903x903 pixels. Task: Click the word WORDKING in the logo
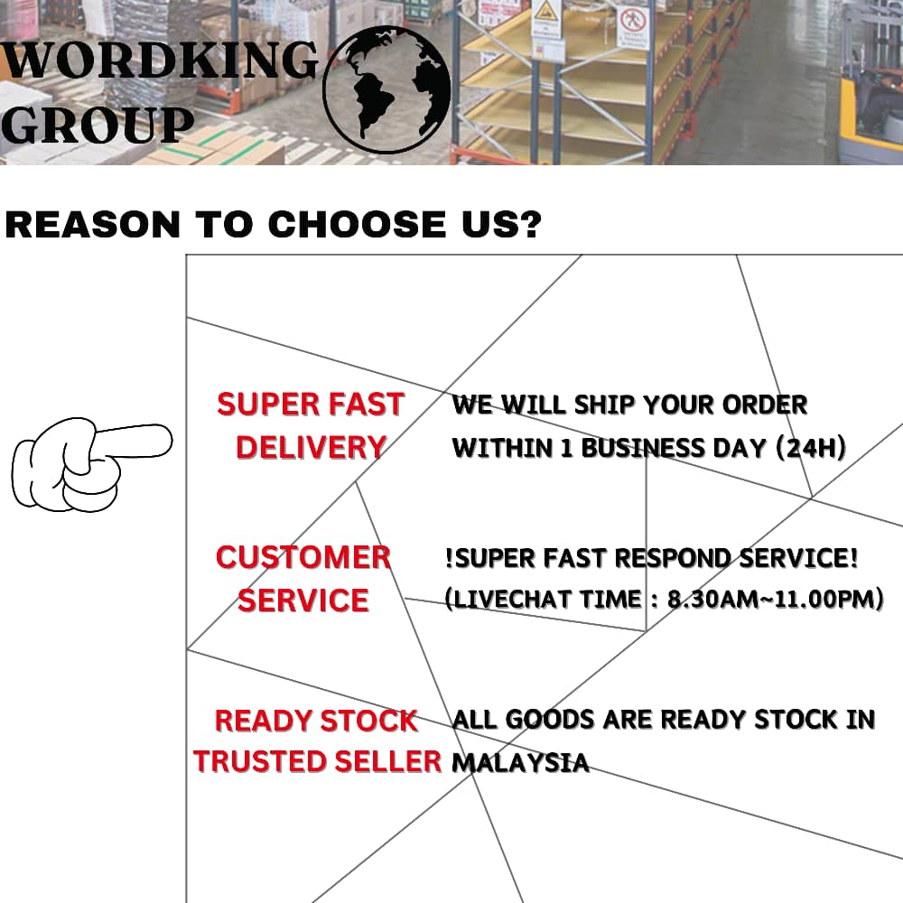[x=161, y=61]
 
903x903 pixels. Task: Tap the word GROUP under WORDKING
[x=97, y=126]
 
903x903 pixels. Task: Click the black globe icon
[x=386, y=89]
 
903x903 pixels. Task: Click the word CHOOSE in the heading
[x=344, y=224]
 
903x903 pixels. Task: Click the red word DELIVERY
[x=312, y=447]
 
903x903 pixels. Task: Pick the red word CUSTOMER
[x=303, y=557]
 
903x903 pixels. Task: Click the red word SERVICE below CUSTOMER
[x=303, y=600]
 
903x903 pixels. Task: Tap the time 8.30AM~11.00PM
[x=775, y=598]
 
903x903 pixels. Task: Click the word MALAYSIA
[x=520, y=762]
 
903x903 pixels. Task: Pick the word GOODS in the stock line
[x=550, y=720]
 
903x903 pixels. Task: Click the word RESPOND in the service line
[x=671, y=558]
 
